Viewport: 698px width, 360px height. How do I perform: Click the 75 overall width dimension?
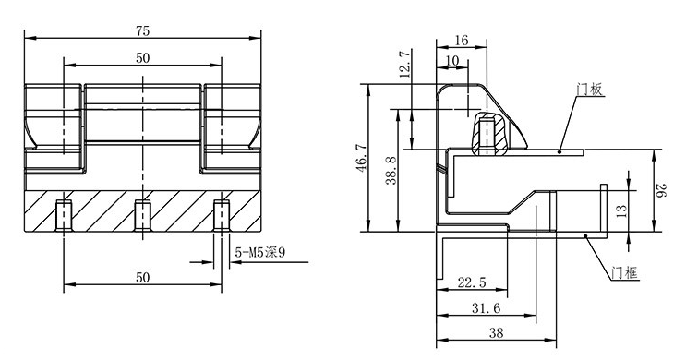(x=143, y=30)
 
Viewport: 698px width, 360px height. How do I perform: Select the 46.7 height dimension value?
(x=362, y=158)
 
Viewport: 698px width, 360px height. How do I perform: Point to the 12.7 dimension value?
(x=405, y=65)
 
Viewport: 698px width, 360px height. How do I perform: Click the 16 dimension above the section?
(x=462, y=41)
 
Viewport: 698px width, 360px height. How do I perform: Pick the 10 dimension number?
(x=451, y=61)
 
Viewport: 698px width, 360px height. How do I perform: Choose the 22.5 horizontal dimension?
(x=473, y=282)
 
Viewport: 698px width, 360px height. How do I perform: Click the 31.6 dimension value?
(x=486, y=308)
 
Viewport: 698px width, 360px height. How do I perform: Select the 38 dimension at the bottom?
(x=497, y=333)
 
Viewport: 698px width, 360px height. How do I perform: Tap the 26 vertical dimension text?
(x=662, y=191)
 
